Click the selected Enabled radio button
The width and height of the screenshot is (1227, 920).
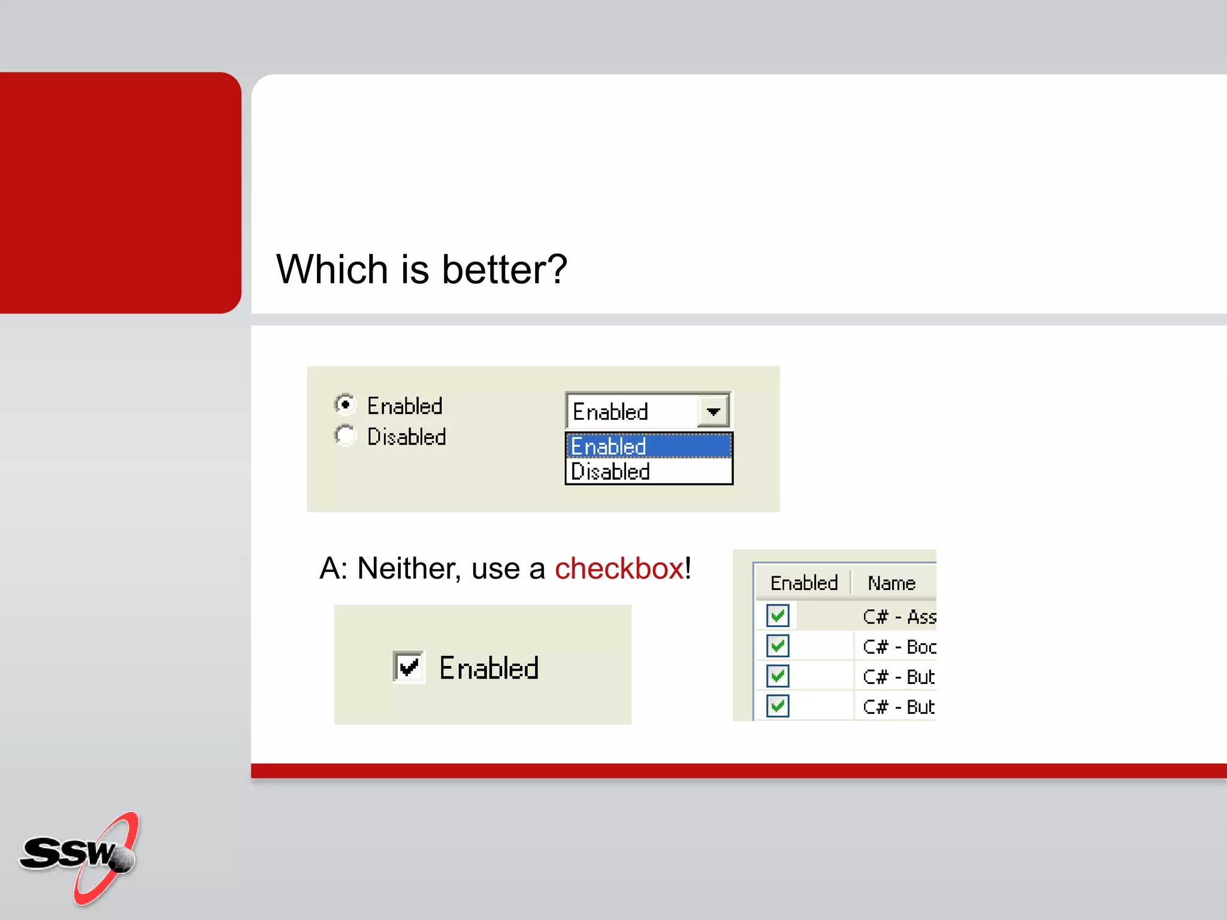[x=345, y=405]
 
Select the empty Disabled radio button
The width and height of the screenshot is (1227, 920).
[x=345, y=435]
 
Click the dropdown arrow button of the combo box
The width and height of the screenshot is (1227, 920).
[x=713, y=411]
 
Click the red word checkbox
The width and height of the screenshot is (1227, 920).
[x=619, y=568]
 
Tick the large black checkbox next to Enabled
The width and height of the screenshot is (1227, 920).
[x=409, y=667]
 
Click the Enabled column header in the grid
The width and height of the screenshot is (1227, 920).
[x=803, y=583]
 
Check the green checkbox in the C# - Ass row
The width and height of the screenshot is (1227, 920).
[x=778, y=616]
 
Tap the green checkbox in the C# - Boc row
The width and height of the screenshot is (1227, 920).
[x=778, y=646]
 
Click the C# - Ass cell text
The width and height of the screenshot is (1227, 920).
[x=899, y=617]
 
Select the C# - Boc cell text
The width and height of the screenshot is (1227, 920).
[x=899, y=647]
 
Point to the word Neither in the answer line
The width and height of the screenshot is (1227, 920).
[x=409, y=568]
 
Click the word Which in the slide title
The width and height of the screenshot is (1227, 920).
[x=332, y=270]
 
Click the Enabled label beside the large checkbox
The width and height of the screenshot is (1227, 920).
[x=489, y=668]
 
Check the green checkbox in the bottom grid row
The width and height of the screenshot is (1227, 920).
[x=778, y=706]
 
